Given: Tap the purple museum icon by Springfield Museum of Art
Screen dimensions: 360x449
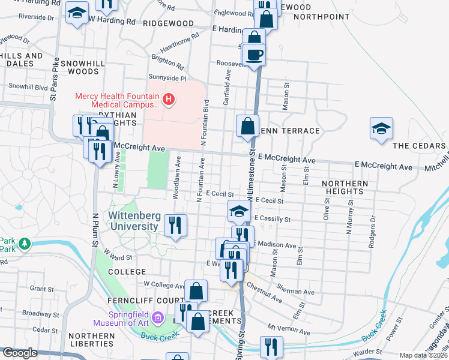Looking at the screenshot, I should click(158, 316).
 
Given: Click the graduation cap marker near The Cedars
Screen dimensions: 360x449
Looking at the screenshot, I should click(381, 130).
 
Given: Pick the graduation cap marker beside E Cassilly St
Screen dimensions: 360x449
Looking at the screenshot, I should click(239, 211).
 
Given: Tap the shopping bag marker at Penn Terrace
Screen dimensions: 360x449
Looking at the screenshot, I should click(247, 127).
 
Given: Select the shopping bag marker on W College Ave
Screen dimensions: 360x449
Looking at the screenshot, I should click(196, 292).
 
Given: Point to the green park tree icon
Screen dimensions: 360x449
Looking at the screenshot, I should click(24, 244).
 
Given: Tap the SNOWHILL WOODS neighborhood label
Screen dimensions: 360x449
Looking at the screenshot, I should click(75, 67).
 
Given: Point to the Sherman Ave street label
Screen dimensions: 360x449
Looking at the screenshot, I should click(300, 292).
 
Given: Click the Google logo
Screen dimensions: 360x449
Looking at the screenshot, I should click(20, 353).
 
